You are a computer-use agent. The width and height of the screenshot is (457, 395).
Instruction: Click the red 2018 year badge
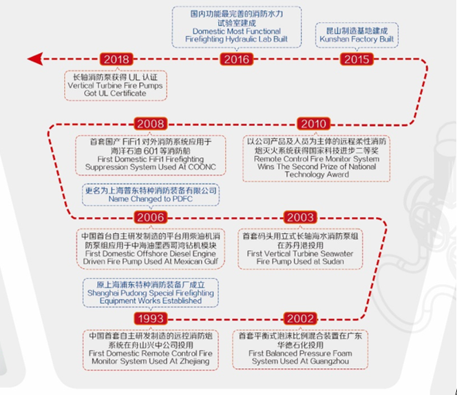click(x=115, y=59)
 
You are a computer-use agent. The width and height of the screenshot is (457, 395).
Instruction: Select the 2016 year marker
click(x=236, y=59)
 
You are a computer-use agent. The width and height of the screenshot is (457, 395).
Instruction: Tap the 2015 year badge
click(x=356, y=59)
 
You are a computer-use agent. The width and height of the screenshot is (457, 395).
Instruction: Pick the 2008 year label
click(x=150, y=124)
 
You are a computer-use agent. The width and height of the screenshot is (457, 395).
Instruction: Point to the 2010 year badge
click(x=312, y=124)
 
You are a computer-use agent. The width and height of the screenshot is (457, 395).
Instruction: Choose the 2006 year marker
click(x=150, y=217)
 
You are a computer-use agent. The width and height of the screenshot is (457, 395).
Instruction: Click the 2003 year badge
click(x=300, y=217)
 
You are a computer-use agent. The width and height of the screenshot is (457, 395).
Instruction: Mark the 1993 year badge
click(x=150, y=318)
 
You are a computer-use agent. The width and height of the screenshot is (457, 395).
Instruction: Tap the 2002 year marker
click(x=300, y=318)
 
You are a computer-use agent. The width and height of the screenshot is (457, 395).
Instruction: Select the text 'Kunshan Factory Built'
click(x=356, y=40)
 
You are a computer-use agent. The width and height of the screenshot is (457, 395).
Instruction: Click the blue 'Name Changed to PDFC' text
click(x=150, y=199)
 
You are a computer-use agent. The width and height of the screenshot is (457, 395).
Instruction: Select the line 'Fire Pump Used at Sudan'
click(x=300, y=261)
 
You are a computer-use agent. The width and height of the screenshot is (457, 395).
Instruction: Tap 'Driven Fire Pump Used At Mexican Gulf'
click(x=151, y=262)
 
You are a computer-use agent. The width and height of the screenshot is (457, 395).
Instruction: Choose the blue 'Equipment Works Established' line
click(x=150, y=300)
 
